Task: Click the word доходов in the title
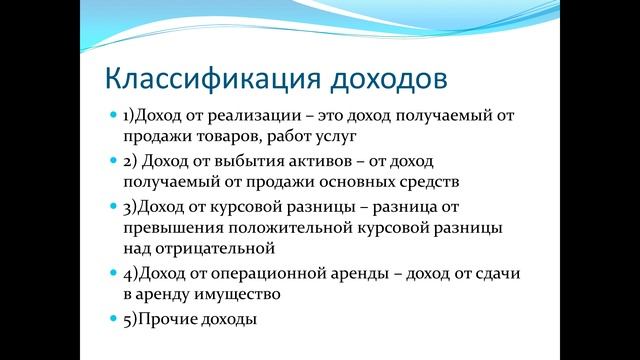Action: pyautogui.click(x=385, y=77)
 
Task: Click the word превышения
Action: pyautogui.click(x=175, y=227)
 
